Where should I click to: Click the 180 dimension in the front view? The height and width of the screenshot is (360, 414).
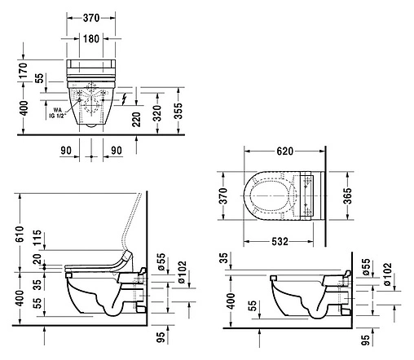click(91, 39)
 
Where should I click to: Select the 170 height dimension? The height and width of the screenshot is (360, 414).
click(23, 71)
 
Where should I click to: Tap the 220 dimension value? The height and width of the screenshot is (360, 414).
click(136, 120)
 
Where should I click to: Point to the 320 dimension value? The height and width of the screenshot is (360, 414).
click(157, 113)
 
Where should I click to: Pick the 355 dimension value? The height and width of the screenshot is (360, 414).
click(178, 111)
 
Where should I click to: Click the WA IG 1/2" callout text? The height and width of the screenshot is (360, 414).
click(57, 113)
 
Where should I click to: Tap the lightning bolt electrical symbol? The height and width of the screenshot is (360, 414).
click(125, 99)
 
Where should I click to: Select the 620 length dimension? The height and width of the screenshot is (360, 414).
click(285, 151)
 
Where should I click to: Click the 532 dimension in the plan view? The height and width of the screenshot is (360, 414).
click(280, 241)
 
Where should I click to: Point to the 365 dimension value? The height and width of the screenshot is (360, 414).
click(347, 195)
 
